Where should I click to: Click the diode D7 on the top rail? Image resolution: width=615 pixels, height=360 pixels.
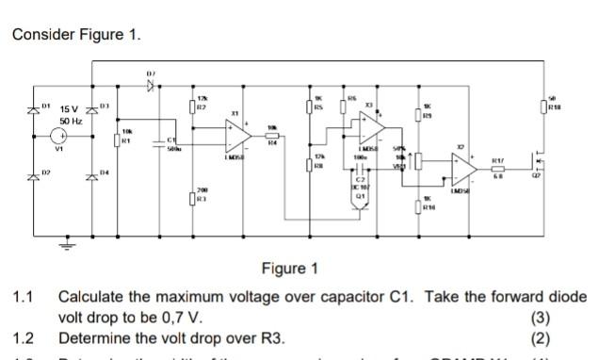click(x=149, y=84)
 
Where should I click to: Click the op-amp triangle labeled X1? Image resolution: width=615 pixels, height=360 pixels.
click(x=235, y=138)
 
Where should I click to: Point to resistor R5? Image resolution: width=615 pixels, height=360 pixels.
click(x=309, y=106)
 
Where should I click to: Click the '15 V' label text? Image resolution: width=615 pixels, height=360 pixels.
click(x=72, y=110)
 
